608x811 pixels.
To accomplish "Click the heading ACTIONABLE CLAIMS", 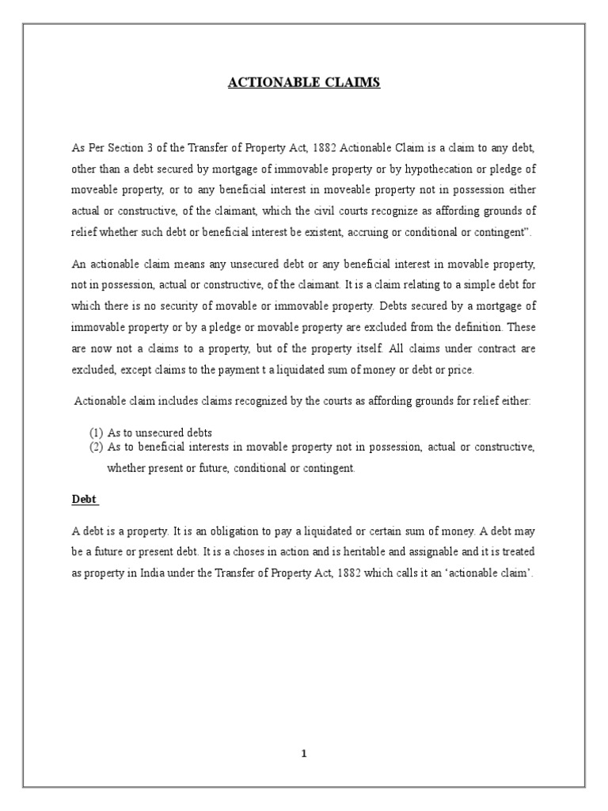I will tap(304, 82).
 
